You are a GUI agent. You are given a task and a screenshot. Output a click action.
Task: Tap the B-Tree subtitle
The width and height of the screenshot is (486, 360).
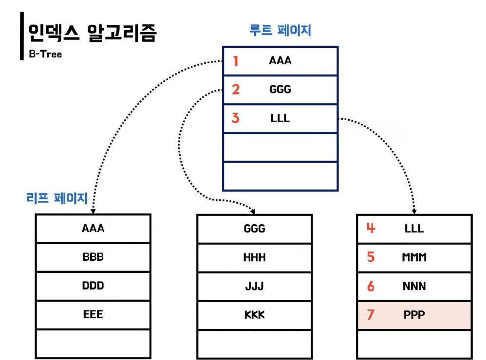tap(45, 54)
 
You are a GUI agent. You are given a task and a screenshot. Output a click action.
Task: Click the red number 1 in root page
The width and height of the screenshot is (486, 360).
tap(236, 61)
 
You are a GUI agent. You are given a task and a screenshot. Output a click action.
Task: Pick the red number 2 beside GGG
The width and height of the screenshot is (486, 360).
tap(236, 90)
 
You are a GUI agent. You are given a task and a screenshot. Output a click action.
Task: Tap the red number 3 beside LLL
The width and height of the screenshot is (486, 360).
tap(236, 118)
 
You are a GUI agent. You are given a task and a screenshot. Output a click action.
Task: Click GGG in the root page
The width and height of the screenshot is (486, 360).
tap(280, 90)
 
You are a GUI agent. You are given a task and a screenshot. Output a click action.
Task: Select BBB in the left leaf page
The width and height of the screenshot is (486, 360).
tap(93, 257)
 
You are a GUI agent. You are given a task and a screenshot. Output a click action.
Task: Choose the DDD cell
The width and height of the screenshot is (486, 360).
tap(93, 286)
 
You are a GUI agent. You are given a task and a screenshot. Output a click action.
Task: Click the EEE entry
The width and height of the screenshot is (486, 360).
tap(93, 314)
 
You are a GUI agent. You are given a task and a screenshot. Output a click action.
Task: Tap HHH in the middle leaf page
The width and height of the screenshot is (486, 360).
tap(254, 257)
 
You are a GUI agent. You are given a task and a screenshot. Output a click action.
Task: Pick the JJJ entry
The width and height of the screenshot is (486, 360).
tap(254, 286)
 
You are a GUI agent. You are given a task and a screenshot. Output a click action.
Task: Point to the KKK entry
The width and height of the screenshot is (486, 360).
tap(254, 314)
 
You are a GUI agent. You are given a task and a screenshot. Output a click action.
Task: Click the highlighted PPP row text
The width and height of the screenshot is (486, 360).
tap(414, 315)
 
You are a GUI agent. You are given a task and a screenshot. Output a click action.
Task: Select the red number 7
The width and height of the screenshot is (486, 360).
tap(371, 315)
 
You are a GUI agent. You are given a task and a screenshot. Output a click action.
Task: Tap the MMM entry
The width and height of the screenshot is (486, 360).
tap(414, 257)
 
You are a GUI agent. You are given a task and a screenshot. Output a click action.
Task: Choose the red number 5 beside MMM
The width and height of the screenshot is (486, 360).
tap(371, 257)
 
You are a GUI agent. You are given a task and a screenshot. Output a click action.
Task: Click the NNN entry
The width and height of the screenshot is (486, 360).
tap(414, 286)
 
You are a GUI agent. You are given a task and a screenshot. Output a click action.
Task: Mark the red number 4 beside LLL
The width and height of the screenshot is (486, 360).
tap(371, 228)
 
